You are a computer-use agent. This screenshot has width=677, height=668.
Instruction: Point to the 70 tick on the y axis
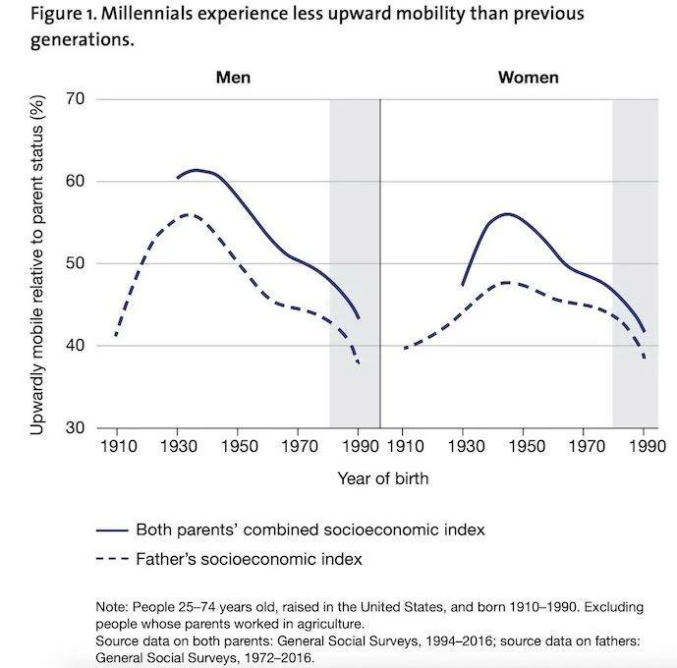point(76,99)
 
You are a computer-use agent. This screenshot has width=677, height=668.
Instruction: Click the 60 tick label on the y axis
point(76,182)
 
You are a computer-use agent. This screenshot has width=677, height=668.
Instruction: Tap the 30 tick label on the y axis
point(76,428)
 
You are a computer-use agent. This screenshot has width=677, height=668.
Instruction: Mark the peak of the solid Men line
point(197,170)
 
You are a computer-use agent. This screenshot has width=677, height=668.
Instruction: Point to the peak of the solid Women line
point(507,213)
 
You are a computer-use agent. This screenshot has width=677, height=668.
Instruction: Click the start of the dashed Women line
point(404,348)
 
